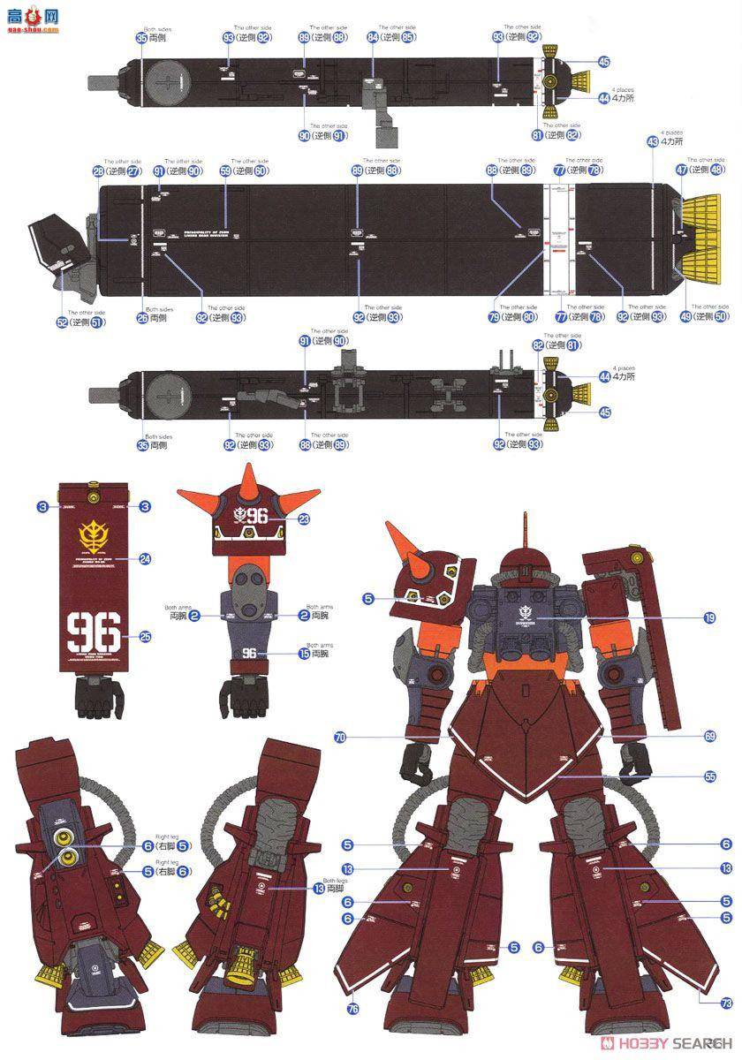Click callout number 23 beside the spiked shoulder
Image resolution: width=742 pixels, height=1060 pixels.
pyautogui.click(x=305, y=520)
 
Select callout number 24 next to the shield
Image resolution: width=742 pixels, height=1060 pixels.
pyautogui.click(x=146, y=557)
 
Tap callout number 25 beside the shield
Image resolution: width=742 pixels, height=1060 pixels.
pyautogui.click(x=146, y=635)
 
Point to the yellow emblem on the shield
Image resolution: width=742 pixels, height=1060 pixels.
pyautogui.click(x=97, y=534)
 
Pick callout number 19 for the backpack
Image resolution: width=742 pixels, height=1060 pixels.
pyautogui.click(x=709, y=618)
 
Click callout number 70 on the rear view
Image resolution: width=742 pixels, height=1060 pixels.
pyautogui.click(x=340, y=736)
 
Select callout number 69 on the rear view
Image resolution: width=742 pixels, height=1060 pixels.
pyautogui.click(x=710, y=736)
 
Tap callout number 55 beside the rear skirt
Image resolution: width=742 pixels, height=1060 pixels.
pyautogui.click(x=710, y=776)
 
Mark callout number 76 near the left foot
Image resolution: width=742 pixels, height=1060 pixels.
pyautogui.click(x=354, y=1009)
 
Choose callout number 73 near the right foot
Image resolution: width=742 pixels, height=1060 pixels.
pyautogui.click(x=726, y=1003)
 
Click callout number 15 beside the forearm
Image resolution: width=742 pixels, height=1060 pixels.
pyautogui.click(x=304, y=655)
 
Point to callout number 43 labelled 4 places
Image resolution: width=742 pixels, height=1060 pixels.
pyautogui.click(x=653, y=141)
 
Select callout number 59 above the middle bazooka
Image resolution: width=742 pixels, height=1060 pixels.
pyautogui.click(x=225, y=171)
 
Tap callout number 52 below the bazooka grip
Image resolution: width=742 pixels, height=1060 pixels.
pyautogui.click(x=62, y=323)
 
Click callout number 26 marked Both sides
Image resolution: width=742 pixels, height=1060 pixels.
pyautogui.click(x=143, y=317)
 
